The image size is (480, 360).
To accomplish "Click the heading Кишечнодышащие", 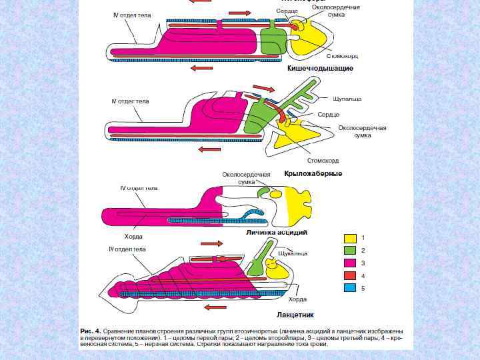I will [320, 68].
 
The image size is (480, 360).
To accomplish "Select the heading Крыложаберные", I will [313, 173].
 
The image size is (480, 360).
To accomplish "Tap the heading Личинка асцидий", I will [277, 233].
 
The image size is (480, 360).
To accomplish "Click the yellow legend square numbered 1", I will [349, 238].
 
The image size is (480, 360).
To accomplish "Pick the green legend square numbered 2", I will [349, 251].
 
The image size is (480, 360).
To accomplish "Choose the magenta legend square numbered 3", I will [349, 263].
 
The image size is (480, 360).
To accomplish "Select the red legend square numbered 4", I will [349, 276].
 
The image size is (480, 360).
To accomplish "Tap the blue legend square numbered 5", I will [349, 288].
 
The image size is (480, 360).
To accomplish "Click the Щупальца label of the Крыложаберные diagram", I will [347, 99].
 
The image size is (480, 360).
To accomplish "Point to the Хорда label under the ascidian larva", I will [133, 236].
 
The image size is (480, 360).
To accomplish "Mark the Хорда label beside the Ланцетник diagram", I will [297, 299].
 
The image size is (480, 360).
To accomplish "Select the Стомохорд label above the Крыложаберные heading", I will [323, 160].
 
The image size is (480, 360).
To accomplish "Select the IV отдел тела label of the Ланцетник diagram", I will [127, 249].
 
